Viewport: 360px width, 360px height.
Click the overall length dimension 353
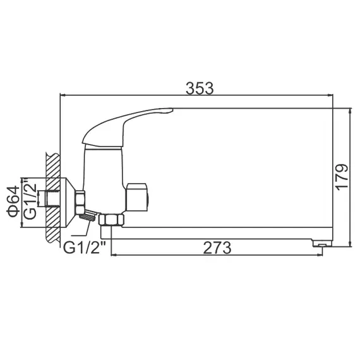[200, 88]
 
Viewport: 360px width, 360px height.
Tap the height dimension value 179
[341, 177]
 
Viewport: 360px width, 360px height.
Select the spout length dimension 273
[217, 247]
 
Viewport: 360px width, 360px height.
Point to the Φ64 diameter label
[11, 200]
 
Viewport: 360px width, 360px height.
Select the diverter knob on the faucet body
[138, 196]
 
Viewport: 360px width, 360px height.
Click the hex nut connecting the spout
[112, 220]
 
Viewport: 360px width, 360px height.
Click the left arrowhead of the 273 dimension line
[114, 255]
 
